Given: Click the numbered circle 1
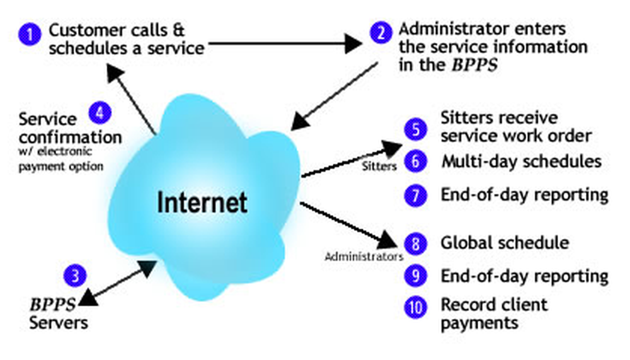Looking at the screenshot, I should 29,33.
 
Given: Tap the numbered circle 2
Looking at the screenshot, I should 381,33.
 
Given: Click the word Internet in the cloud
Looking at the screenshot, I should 202,203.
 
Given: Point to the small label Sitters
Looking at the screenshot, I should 381,167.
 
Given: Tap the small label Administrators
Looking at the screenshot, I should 364,257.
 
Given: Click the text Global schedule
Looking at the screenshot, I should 505,243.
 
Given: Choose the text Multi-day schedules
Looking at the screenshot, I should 521,161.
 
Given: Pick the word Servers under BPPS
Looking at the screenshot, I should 59,323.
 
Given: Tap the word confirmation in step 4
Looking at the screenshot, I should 70,136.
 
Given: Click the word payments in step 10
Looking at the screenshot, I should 479,323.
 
